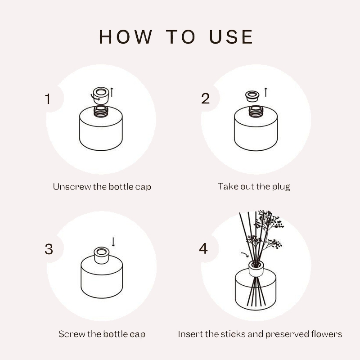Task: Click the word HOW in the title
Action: click(126, 37)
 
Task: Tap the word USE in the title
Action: click(231, 37)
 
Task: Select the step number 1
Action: click(48, 99)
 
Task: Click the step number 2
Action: click(205, 99)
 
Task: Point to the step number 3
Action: click(49, 249)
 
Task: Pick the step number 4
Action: click(203, 248)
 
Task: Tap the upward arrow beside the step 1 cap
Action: click(112, 92)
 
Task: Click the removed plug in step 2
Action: click(252, 96)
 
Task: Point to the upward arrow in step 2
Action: click(266, 92)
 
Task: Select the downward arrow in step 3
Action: click(113, 242)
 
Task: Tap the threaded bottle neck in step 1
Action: click(101, 111)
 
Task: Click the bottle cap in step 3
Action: click(101, 255)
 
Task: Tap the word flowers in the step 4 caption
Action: click(327, 334)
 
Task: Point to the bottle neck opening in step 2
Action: click(256, 108)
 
